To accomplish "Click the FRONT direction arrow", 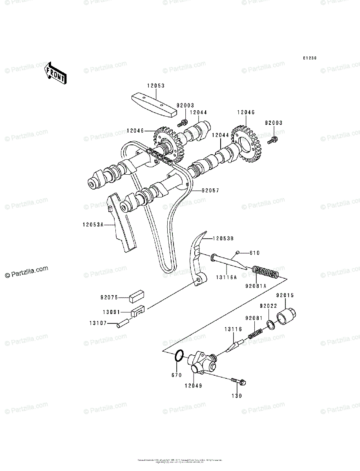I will point(55,73).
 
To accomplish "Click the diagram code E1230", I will point(309,58).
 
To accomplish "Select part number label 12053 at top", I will point(156,85).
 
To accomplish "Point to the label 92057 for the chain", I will point(210,190).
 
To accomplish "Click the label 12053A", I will point(93,225).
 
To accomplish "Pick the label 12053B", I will point(223,238).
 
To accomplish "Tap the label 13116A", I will point(226,277).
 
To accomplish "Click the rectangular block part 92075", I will point(137,296).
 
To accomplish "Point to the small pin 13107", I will point(123,324).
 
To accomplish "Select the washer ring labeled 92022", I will point(270,324).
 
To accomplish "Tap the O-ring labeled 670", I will point(178,356).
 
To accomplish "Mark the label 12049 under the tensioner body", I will point(193,386).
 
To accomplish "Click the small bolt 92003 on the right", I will point(273,139).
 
